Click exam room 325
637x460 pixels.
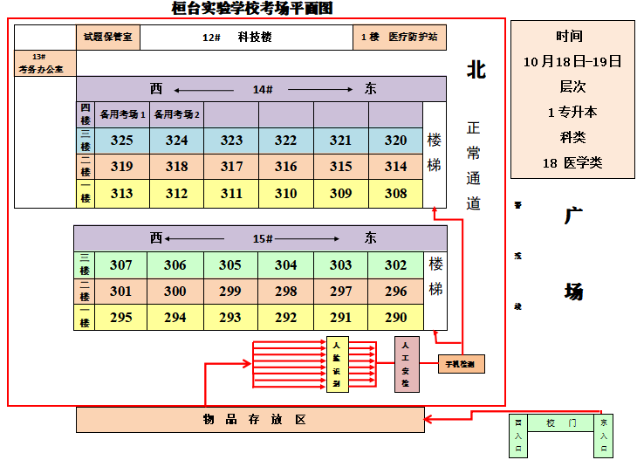(122, 141)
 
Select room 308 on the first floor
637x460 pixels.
(395, 194)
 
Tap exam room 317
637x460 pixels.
(231, 167)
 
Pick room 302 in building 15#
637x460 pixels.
(395, 265)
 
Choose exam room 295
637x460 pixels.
(121, 318)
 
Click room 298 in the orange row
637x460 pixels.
(285, 292)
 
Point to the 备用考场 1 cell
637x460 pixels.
(122, 114)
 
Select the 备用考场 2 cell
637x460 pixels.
(177, 114)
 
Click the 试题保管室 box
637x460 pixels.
(108, 38)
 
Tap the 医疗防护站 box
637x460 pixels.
(400, 38)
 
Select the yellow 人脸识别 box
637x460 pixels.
(337, 365)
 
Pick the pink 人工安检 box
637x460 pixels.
(407, 364)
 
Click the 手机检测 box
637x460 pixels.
(462, 363)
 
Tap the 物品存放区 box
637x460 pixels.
(250, 420)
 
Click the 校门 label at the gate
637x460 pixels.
(561, 423)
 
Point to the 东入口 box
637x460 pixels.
(604, 435)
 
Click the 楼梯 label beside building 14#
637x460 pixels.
(435, 153)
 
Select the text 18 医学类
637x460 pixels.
(572, 162)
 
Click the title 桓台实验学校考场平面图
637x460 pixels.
(253, 9)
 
